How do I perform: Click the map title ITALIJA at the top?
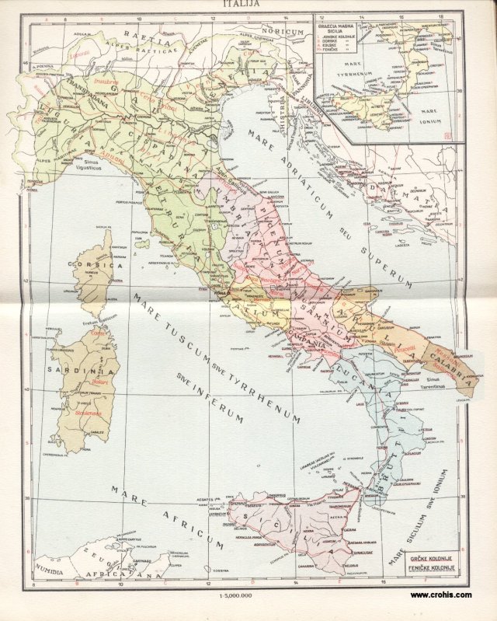pyautogui.click(x=241, y=4)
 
